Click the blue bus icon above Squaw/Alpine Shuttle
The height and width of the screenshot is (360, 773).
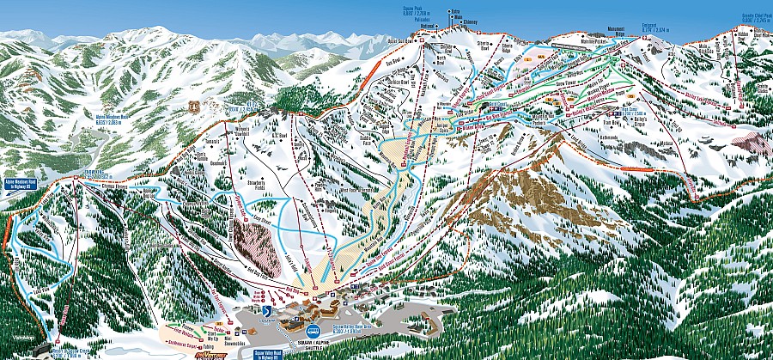pyautogui.click(x=314, y=328)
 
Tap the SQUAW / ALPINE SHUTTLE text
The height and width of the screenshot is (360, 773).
pyautogui.click(x=313, y=338)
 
